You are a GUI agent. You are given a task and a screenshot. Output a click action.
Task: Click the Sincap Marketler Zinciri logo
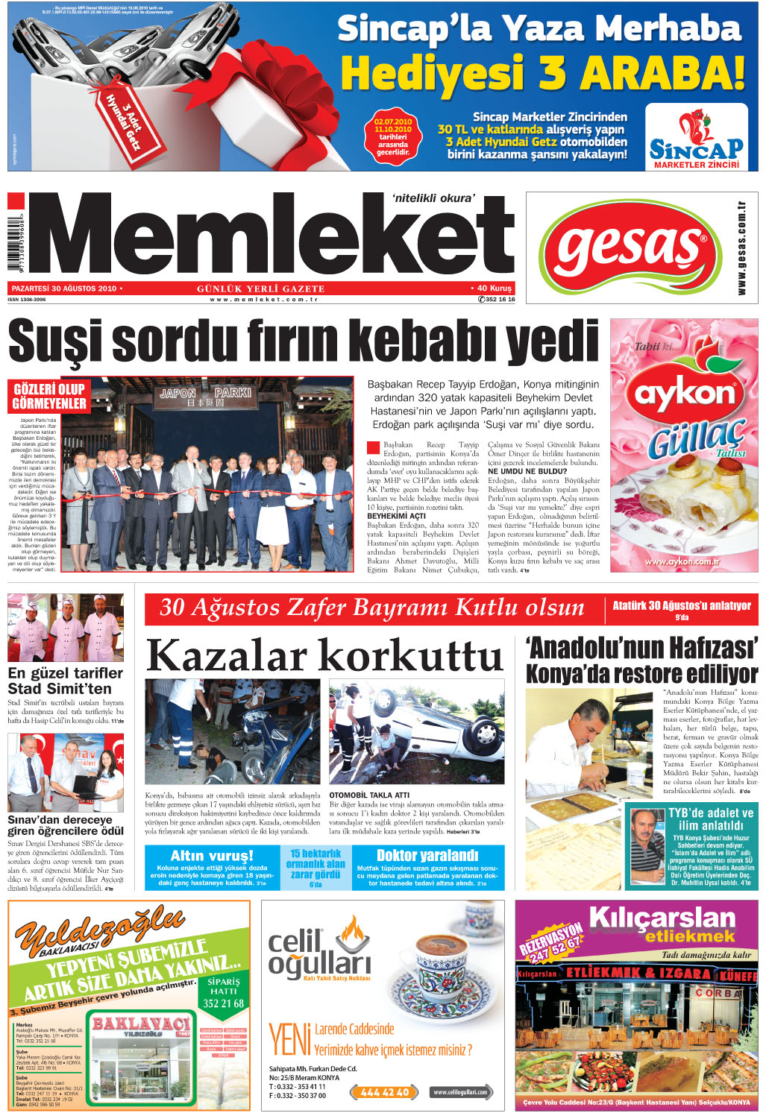(696, 138)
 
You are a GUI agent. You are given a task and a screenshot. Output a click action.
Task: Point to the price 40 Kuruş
(493, 289)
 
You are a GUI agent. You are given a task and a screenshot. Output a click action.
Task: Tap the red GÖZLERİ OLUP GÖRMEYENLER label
(49, 397)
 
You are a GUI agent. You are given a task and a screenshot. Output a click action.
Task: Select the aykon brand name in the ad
(685, 393)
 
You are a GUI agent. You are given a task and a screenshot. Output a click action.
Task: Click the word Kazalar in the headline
(227, 657)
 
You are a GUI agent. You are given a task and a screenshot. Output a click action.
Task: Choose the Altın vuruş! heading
(212, 855)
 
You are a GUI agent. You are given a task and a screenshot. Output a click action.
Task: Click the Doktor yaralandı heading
(427, 855)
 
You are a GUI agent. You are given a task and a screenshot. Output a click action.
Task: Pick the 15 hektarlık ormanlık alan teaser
(316, 865)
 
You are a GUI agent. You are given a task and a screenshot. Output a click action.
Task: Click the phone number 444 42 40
(384, 1092)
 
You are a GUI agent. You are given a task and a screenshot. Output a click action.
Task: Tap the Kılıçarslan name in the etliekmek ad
(662, 918)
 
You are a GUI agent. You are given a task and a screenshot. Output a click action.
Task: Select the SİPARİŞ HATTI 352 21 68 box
(224, 993)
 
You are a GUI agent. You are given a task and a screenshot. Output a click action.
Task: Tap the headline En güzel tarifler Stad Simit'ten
(65, 681)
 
